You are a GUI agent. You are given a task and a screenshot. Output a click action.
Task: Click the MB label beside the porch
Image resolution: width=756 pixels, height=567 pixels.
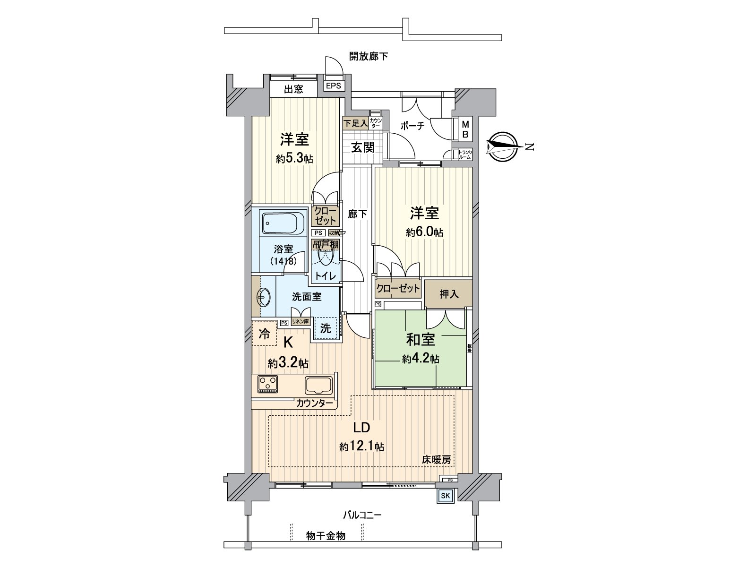tap(465, 129)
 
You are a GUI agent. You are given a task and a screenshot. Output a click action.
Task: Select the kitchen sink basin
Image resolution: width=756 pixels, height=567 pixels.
tap(319, 385)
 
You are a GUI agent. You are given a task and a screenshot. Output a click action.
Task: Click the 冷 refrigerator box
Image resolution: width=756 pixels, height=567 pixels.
tap(264, 335)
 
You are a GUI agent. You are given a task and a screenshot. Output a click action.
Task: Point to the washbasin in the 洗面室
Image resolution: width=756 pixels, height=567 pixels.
tap(264, 298)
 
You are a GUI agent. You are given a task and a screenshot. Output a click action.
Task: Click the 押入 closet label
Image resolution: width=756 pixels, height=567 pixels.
tap(449, 294)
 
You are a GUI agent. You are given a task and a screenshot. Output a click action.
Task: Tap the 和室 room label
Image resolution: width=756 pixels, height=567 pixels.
tap(421, 339)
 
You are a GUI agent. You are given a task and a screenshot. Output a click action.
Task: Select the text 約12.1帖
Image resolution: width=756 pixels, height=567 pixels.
tap(361, 447)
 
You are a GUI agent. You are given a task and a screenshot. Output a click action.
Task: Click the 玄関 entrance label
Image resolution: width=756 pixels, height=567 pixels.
tap(362, 147)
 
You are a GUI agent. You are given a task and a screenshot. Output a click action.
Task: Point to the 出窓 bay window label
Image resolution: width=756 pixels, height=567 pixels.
tap(293, 89)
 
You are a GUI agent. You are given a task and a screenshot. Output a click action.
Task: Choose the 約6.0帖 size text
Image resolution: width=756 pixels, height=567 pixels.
tap(424, 232)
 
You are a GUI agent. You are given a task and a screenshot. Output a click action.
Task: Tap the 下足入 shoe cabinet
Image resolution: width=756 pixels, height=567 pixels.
tap(355, 123)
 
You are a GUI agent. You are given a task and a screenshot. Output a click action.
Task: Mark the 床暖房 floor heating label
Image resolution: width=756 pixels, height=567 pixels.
tap(436, 460)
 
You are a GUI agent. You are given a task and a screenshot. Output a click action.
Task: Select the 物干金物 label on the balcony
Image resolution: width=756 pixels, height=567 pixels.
tap(326, 535)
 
